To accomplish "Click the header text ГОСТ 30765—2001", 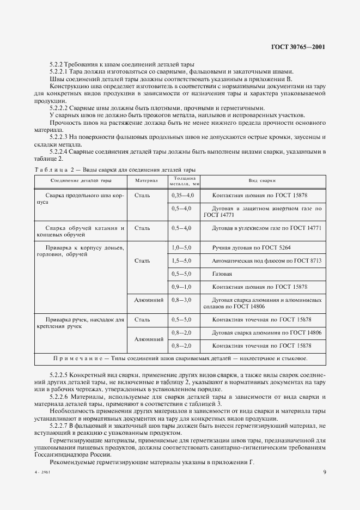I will coord(298,47).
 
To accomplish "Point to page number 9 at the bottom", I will coord(324,472).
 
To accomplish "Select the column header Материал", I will coord(145,180).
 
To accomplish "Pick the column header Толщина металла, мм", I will coord(182,180).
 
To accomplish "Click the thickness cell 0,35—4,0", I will coord(182,195).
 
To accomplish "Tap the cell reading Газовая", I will coord(222,273).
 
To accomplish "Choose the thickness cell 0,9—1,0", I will coord(182,286).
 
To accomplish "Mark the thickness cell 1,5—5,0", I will coord(182,260).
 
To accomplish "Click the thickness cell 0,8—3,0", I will coord(182,299).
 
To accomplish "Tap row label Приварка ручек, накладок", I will coord(78,319).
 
